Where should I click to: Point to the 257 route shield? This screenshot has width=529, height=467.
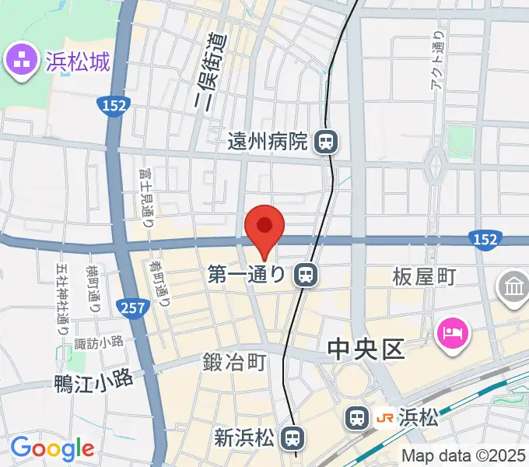(x=133, y=308)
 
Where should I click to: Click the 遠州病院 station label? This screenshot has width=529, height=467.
(x=268, y=142)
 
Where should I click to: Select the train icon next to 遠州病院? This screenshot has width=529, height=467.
(x=325, y=142)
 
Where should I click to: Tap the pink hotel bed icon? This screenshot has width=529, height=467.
(x=454, y=335)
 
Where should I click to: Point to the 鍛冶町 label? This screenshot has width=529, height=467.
(x=235, y=362)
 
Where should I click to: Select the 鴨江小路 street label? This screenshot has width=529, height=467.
(x=93, y=381)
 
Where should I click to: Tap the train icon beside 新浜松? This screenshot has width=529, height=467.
(x=291, y=438)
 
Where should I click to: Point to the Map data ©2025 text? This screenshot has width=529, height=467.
(x=464, y=455)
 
